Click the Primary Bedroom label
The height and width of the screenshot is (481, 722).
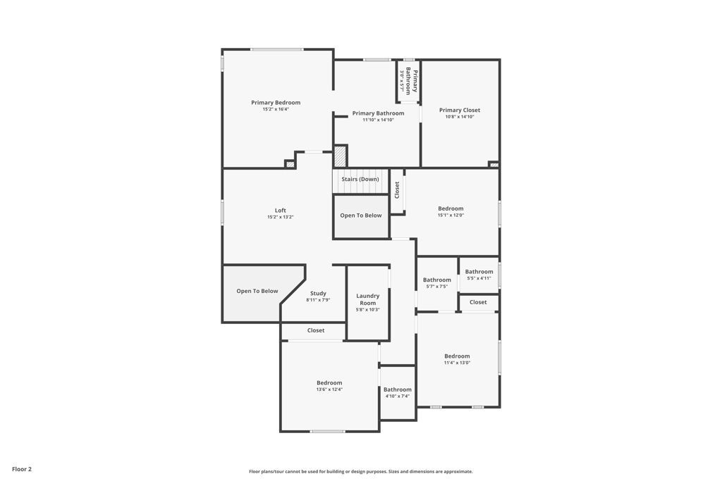276,103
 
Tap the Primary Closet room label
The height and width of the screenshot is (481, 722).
460,110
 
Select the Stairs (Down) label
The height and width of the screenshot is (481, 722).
360,179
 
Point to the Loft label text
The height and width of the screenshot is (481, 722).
280,210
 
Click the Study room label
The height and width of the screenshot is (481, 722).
318,293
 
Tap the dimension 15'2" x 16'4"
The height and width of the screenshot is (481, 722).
276,110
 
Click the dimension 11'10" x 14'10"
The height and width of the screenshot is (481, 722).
378,120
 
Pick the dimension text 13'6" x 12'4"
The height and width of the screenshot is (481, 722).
329,389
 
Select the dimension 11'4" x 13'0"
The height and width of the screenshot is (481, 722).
457,363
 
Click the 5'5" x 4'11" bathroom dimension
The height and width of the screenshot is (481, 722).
479,278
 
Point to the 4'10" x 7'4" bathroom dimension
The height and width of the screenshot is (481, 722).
398,396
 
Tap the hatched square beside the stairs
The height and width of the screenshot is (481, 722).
340,156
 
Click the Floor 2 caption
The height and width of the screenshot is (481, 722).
22,469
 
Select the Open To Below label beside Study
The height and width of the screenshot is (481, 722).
257,291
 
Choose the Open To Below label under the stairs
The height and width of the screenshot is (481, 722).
361,215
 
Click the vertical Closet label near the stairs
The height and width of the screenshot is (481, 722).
397,189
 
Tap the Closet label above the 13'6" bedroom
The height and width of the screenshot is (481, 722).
316,330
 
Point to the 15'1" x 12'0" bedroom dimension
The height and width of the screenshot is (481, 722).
451,215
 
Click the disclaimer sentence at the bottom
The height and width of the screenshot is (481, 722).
360,472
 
